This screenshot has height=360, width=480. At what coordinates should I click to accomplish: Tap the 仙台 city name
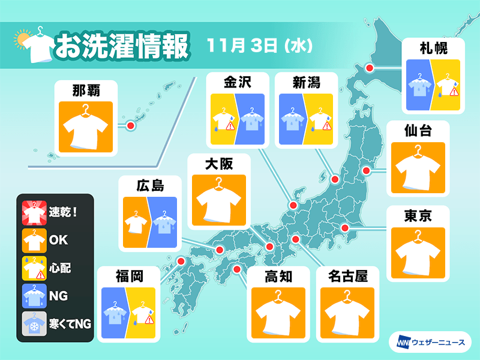coord(418,130)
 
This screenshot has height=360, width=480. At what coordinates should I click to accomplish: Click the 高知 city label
coord(278,276)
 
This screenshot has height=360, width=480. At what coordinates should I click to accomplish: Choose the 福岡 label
coord(129,276)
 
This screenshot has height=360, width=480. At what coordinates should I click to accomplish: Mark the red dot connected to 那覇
coord(130,125)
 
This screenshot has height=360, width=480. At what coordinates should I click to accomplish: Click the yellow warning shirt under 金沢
coord(223,120)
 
